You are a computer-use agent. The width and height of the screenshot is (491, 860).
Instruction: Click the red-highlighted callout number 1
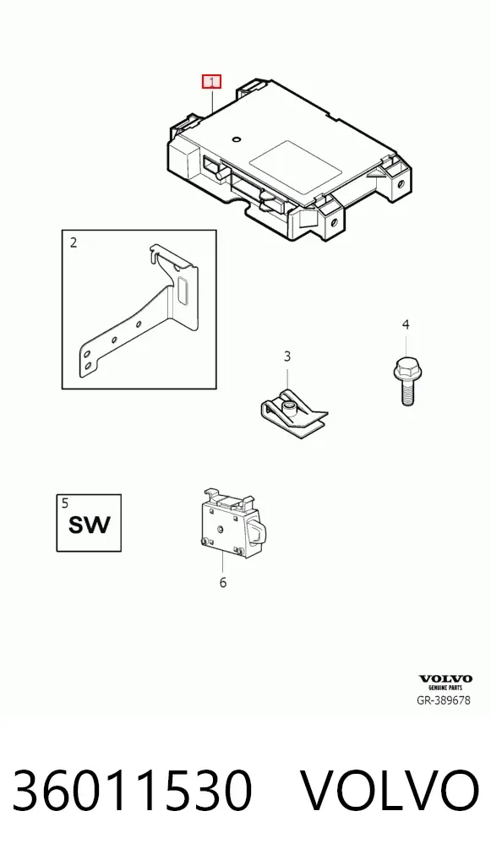tap(211, 82)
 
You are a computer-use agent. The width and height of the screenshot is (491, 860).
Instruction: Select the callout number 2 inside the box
tap(74, 242)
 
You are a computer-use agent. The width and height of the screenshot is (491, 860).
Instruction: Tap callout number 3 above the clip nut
tap(287, 357)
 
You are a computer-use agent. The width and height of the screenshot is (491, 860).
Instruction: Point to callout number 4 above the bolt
tap(406, 324)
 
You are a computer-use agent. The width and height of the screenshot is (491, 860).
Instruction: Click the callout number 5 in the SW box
tap(65, 503)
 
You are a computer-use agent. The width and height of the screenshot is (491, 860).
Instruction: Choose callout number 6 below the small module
tap(223, 582)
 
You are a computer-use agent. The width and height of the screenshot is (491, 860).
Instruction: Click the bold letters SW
tap(89, 525)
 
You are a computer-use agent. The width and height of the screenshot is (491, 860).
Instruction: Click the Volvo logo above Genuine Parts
tap(445, 679)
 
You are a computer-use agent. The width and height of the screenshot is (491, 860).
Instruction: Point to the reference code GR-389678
tap(444, 699)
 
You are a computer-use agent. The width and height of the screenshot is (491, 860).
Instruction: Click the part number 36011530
tap(132, 791)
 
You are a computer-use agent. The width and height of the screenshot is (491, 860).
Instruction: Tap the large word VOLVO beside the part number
tap(391, 791)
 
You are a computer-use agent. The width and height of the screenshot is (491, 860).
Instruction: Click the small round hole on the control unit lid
tap(236, 140)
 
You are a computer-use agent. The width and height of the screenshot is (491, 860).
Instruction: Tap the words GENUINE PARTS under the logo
tap(445, 687)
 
